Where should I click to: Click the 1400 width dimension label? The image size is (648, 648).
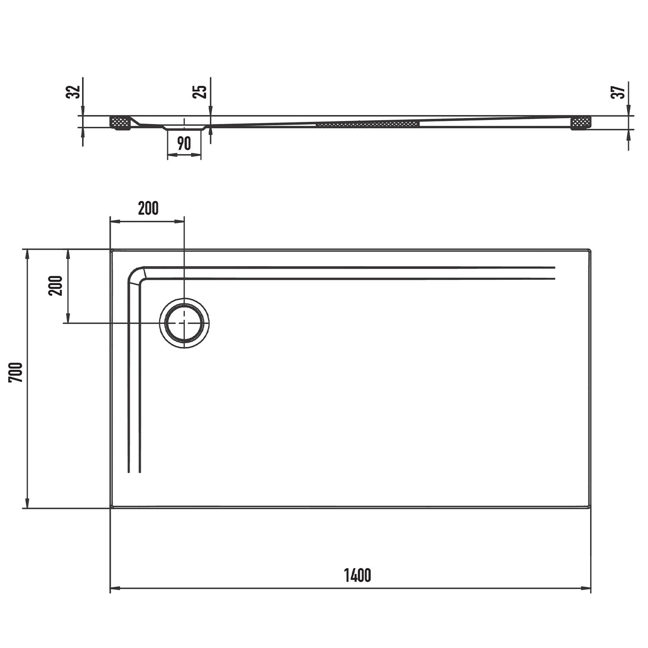tap(357, 575)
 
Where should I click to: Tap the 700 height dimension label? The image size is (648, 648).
tap(15, 372)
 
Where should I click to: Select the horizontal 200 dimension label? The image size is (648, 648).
tap(148, 208)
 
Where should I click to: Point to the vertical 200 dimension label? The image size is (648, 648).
tap(55, 285)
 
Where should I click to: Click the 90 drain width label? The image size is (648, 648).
tap(184, 143)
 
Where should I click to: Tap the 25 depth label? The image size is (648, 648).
tap(201, 92)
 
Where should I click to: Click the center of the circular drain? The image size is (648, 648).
tap(184, 323)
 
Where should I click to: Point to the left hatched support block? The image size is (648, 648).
tap(121, 123)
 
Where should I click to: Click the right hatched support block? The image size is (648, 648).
tap(581, 123)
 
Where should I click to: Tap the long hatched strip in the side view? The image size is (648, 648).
tap(368, 124)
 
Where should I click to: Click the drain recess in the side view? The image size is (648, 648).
tap(184, 127)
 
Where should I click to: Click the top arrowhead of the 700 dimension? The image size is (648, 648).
tap(28, 255)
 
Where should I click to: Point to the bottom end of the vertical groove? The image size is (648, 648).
tap(134, 472)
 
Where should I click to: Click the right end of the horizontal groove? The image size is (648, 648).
tap(554, 273)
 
